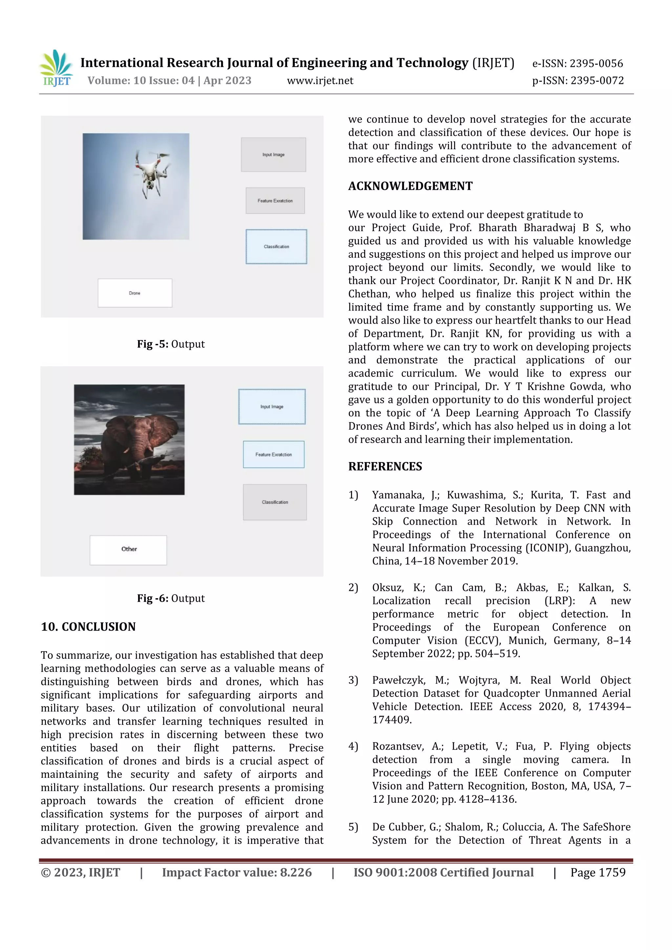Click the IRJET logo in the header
tap(56, 68)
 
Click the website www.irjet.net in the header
tap(320, 81)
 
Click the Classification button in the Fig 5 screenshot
tap(276, 247)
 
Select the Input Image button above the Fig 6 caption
tap(272, 407)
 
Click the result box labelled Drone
tap(135, 293)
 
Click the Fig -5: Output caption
tap(171, 344)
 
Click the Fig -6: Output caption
tap(171, 598)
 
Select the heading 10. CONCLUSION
tap(88, 627)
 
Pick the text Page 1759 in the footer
tap(598, 873)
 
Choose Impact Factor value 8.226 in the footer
tap(237, 873)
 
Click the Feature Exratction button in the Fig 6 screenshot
tap(273, 454)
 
